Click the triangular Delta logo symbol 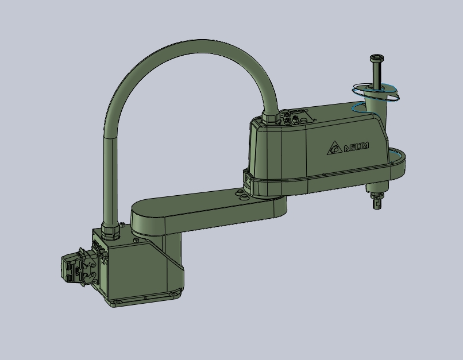click(334, 148)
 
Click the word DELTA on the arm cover click(356, 146)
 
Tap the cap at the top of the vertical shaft click(376, 57)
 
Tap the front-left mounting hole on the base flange click(117, 301)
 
